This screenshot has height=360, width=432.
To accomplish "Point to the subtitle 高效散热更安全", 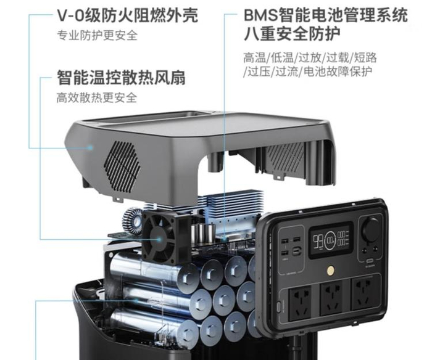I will click(x=96, y=98).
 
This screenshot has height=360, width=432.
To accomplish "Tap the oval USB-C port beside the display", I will click(x=297, y=251).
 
